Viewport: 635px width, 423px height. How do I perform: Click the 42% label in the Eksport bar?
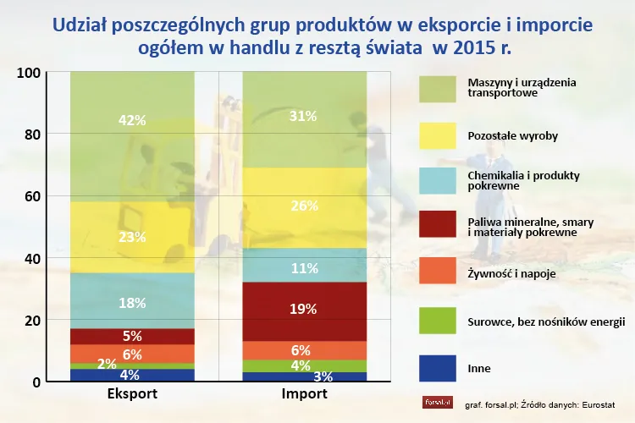[x=132, y=120]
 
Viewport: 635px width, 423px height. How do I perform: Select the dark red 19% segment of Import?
[x=304, y=310]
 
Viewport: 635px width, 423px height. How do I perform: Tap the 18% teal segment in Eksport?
[x=132, y=303]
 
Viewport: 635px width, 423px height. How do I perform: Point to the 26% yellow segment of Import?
[x=304, y=206]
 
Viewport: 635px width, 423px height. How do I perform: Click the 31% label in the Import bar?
[x=304, y=115]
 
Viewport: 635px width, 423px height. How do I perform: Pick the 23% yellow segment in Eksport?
[x=132, y=238]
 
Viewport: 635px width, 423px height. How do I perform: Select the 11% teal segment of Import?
[x=304, y=269]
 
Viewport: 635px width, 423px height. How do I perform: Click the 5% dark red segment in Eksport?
[x=132, y=336]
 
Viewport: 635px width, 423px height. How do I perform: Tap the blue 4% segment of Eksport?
[x=132, y=375]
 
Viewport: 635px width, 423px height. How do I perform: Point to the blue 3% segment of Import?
[x=304, y=376]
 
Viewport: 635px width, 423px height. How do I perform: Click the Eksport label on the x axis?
[x=132, y=394]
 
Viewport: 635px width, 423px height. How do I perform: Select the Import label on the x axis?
[x=304, y=394]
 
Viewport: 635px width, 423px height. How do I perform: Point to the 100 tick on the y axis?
[x=29, y=73]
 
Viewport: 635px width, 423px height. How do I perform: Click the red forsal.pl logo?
[x=437, y=402]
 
